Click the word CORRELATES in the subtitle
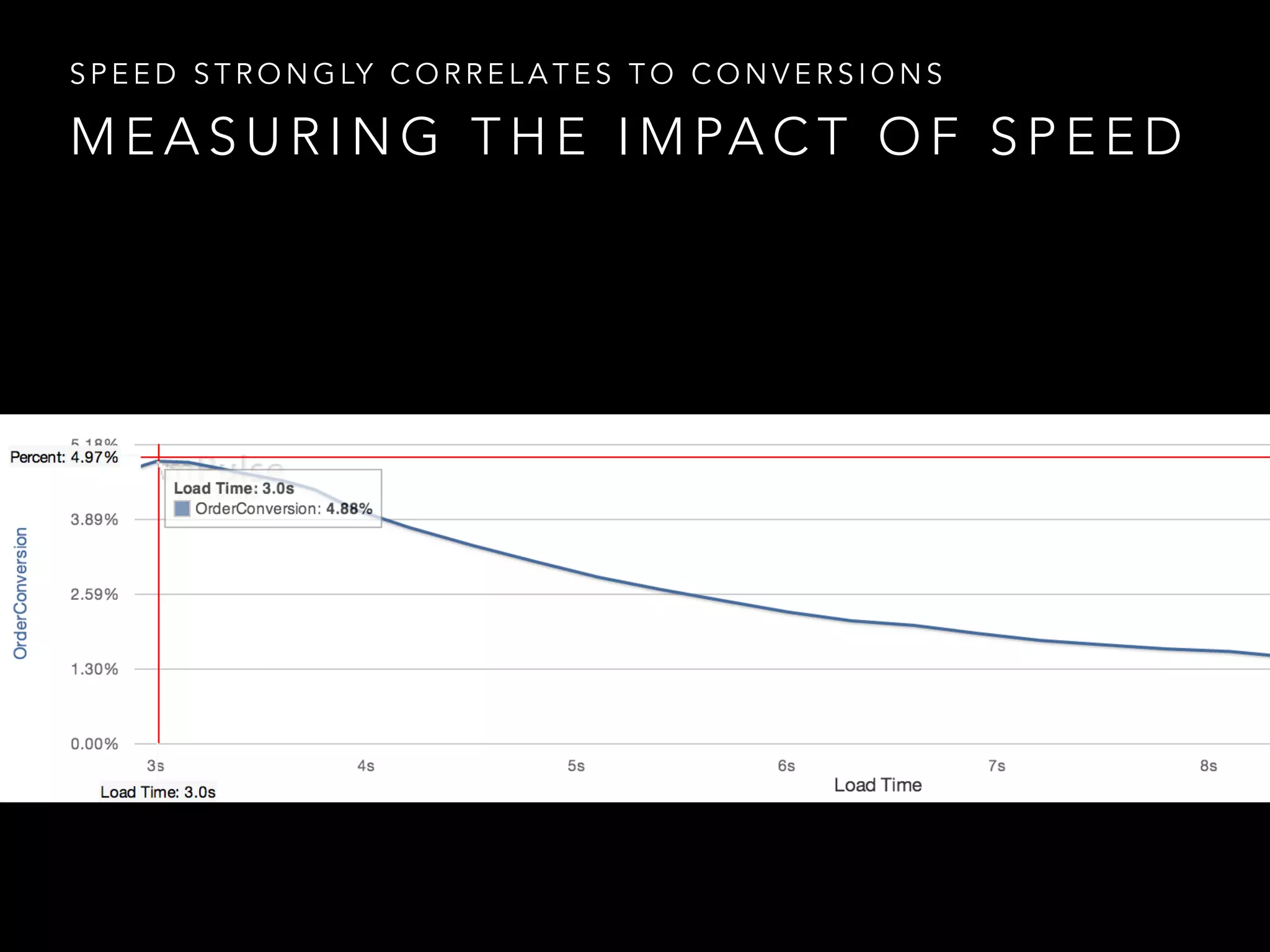[x=501, y=74]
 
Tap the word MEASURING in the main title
[x=255, y=136]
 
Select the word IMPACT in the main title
[x=733, y=136]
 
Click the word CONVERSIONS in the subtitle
[x=817, y=74]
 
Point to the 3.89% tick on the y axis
[x=94, y=519]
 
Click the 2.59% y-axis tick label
[x=94, y=594]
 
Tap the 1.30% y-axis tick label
[x=94, y=669]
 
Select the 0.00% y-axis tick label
[x=94, y=744]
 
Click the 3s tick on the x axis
[x=156, y=766]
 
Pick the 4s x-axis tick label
[x=366, y=766]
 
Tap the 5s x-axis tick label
[x=576, y=766]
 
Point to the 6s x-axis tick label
[x=786, y=766]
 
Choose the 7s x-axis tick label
[x=997, y=766]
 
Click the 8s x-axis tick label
[x=1208, y=766]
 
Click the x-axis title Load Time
[x=877, y=785]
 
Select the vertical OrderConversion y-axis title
[x=21, y=593]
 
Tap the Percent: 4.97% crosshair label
[x=64, y=457]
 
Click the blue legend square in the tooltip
[x=182, y=509]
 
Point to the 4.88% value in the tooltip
[x=349, y=509]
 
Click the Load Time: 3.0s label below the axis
[x=158, y=792]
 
